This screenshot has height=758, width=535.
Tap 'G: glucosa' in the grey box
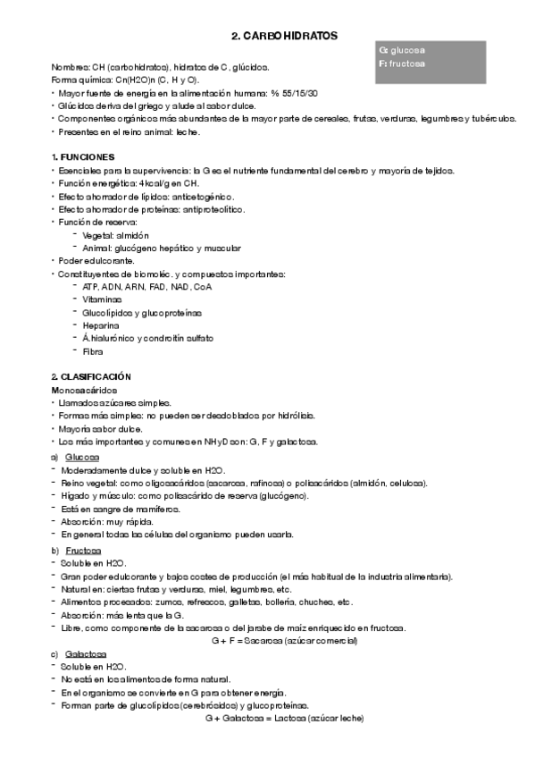pos(402,50)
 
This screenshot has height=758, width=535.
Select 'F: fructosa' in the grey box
pos(401,63)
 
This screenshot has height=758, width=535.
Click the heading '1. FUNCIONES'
pos(83,156)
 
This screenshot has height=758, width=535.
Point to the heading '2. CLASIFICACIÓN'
pos(91,377)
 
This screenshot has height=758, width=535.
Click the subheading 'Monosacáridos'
pos(82,391)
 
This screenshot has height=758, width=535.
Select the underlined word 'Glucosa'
pos(82,457)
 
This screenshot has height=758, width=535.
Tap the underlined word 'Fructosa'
pos(83,550)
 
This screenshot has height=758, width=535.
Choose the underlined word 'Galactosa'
pos(85,655)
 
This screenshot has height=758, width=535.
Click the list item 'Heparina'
pos(100,325)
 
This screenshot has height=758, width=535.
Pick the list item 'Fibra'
pos(92,351)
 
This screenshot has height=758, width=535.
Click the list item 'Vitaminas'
pos(102,299)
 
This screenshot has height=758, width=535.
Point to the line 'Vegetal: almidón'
pos(115,234)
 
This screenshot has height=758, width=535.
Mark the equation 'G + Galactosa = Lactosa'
pos(284,718)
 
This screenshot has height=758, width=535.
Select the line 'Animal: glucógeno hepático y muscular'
pos(161,248)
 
